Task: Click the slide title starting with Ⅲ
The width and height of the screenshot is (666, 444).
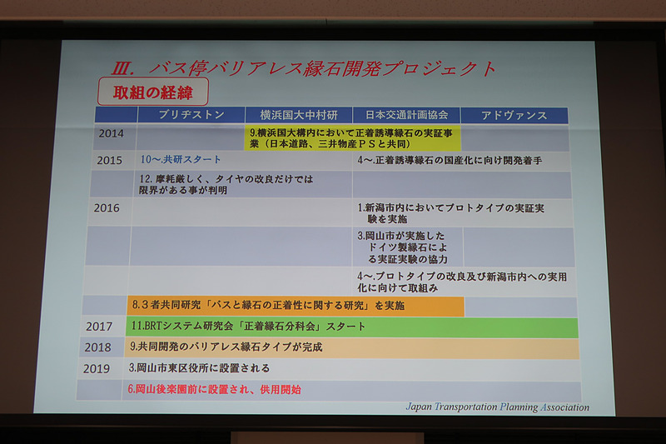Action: [304, 67]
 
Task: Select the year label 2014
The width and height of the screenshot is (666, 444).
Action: [111, 133]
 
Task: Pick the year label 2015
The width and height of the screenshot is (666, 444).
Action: [110, 160]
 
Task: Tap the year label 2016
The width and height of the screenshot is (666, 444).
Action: [107, 207]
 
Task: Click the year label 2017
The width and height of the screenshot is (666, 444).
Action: [100, 326]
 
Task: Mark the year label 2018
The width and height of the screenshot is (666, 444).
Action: [100, 347]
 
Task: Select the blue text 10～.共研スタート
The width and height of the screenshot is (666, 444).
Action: [181, 159]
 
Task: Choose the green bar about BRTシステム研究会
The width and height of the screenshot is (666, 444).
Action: [350, 326]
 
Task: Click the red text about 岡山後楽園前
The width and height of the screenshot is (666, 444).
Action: [214, 389]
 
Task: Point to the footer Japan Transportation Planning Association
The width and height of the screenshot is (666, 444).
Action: [497, 407]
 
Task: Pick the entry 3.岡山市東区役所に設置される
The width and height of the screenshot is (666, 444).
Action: [199, 367]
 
